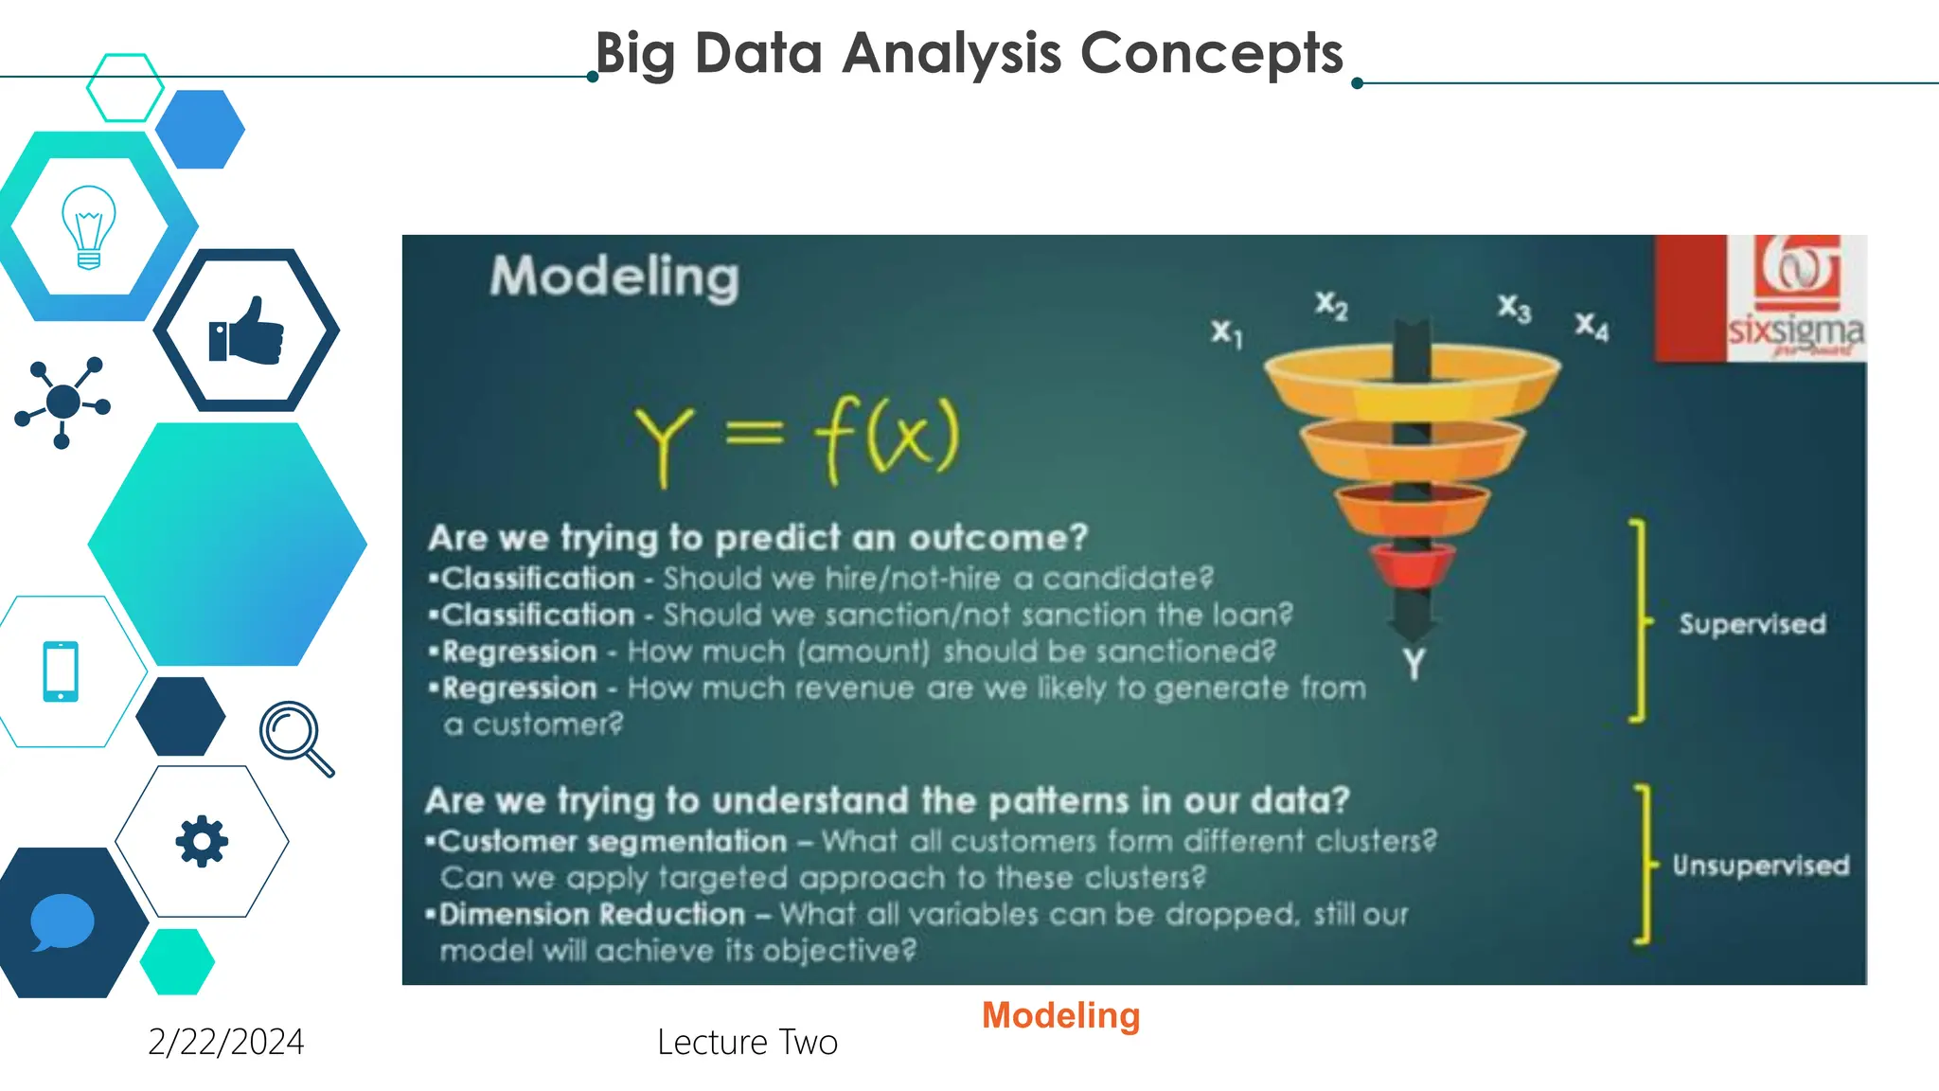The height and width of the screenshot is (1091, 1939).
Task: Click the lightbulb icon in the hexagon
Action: tap(88, 227)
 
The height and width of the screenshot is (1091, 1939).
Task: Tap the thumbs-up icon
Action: tap(246, 331)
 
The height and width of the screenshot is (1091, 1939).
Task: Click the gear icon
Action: tap(202, 841)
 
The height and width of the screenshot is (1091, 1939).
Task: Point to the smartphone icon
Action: tap(61, 671)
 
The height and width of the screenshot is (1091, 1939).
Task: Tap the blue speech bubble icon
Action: tap(62, 921)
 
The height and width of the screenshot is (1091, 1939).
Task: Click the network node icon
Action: tap(62, 402)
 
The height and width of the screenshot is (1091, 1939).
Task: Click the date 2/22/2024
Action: tap(225, 1042)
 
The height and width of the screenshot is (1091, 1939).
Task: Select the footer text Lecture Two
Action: tap(747, 1042)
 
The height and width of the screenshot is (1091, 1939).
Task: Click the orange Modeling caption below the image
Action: tap(1060, 1015)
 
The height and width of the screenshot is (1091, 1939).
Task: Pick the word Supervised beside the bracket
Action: tap(1752, 624)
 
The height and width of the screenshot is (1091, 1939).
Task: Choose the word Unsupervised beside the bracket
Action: tap(1760, 866)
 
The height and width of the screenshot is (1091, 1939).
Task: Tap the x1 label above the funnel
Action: tap(1226, 332)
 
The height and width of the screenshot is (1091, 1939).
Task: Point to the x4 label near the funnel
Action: tap(1592, 326)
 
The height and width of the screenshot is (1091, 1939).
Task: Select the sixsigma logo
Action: tap(1794, 298)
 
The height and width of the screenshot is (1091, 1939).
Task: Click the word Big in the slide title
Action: tap(634, 54)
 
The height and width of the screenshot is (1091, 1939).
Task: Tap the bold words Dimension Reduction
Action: tap(592, 914)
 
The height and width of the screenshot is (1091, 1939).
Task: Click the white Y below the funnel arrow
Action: tap(1414, 664)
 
